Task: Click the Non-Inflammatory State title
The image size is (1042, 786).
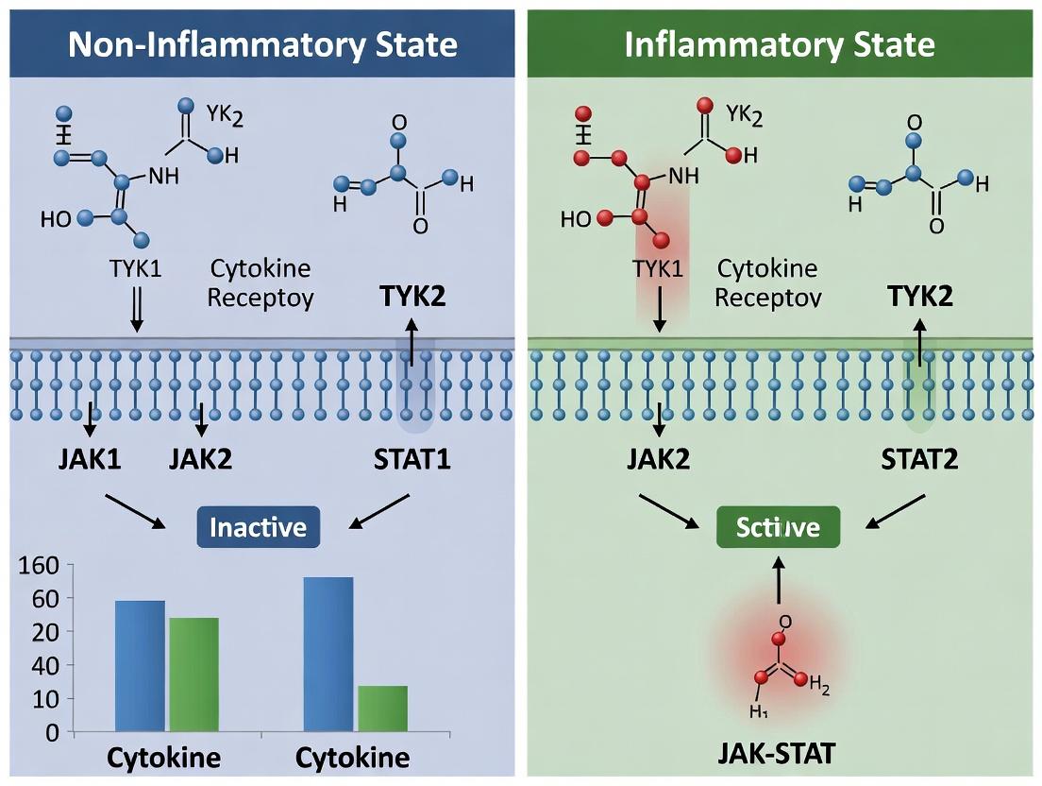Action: pos(262,44)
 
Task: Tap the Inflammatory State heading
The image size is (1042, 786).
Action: pos(780,44)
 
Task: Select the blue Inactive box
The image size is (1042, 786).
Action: pos(258,527)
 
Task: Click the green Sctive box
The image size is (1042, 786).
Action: pos(779,527)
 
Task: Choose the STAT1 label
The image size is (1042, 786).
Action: pos(412,460)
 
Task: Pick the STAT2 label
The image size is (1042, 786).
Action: pos(919,460)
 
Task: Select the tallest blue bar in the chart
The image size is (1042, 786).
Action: pos(328,654)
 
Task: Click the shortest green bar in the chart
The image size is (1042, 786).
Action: pos(382,709)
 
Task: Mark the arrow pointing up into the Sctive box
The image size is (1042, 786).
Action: pos(779,579)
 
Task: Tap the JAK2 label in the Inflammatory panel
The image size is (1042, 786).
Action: pos(658,460)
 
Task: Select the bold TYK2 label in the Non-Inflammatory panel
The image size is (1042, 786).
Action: pos(412,297)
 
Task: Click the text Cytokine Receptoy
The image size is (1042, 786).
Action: pos(260,283)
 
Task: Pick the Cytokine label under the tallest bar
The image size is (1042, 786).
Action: pos(352,758)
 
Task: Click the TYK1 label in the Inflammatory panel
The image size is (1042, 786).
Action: pos(658,268)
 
